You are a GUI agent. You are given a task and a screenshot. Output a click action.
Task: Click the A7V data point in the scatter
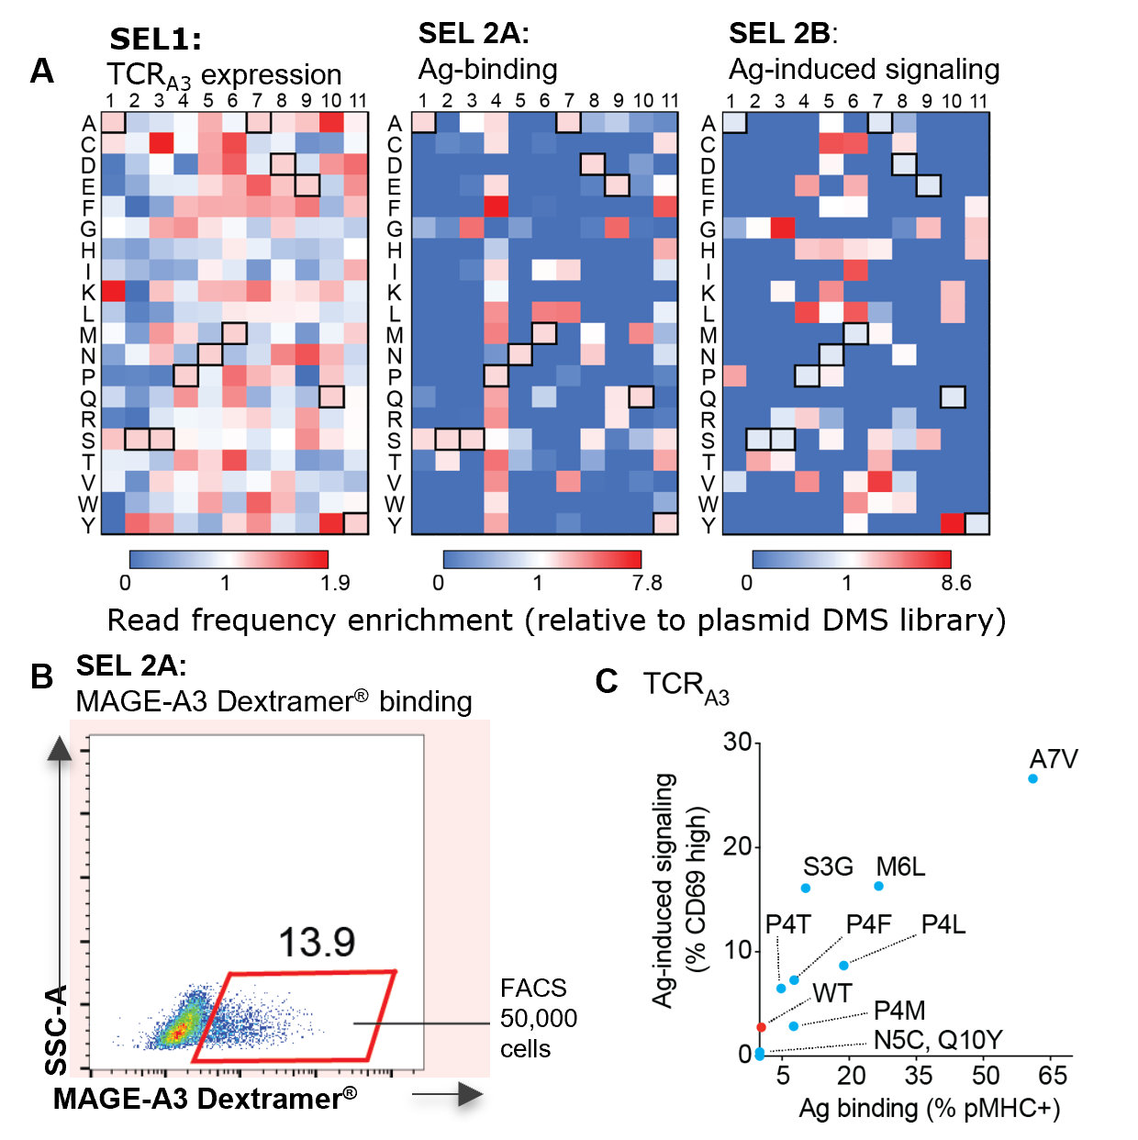coord(1032,778)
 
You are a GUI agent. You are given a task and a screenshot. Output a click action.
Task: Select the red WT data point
coord(761,1027)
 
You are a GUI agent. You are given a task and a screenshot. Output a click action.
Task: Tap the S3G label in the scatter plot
coord(828,866)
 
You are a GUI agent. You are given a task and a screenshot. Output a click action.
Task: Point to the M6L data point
coord(878,886)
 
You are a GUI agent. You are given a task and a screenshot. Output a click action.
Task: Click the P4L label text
coord(943,924)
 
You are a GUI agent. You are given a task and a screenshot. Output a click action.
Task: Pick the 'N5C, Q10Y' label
coord(938,1040)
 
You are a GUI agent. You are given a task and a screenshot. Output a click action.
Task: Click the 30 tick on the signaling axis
coord(737,742)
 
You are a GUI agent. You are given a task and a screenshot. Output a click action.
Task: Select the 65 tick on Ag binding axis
coord(1053,1075)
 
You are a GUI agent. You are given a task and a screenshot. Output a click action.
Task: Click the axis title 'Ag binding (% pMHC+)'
coord(929,1108)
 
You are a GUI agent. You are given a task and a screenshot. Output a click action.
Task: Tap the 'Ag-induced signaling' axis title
coord(663,890)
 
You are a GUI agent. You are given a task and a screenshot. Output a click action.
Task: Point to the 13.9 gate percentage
coord(317,942)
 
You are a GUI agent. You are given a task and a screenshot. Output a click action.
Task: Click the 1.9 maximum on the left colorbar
coord(335,583)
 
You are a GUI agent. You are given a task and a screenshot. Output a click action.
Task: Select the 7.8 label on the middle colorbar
coord(647,583)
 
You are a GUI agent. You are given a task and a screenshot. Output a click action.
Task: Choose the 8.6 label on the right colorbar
coord(956,583)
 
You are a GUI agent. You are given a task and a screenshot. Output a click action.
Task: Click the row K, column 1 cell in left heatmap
coord(113,291)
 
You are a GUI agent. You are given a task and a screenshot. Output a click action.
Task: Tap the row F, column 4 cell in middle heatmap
coord(496,207)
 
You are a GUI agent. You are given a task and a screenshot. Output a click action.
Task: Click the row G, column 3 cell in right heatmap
coord(782,228)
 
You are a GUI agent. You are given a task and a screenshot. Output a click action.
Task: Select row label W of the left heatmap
coord(88,504)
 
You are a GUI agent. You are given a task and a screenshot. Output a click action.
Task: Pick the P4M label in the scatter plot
coord(899,1011)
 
